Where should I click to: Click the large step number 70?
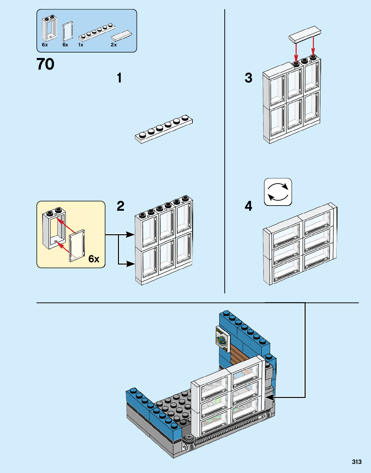coord(45,64)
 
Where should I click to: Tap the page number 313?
coord(356,462)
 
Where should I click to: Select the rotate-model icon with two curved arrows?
coord(278,192)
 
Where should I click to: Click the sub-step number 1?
coord(119,78)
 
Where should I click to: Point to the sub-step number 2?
coord(120,206)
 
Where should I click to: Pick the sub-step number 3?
coord(248,78)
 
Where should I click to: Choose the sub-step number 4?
coord(248,206)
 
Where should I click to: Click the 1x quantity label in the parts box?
coord(81,45)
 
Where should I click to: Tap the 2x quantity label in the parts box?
coord(114,45)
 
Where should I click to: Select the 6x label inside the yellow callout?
coord(94,259)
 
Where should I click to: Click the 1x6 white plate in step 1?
coord(164,129)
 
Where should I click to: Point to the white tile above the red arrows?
coord(305,34)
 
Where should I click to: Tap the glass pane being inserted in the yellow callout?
coord(77,246)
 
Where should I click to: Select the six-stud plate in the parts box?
coord(97,33)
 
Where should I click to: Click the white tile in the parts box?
coord(122,35)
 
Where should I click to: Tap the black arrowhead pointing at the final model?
coord(269,397)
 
